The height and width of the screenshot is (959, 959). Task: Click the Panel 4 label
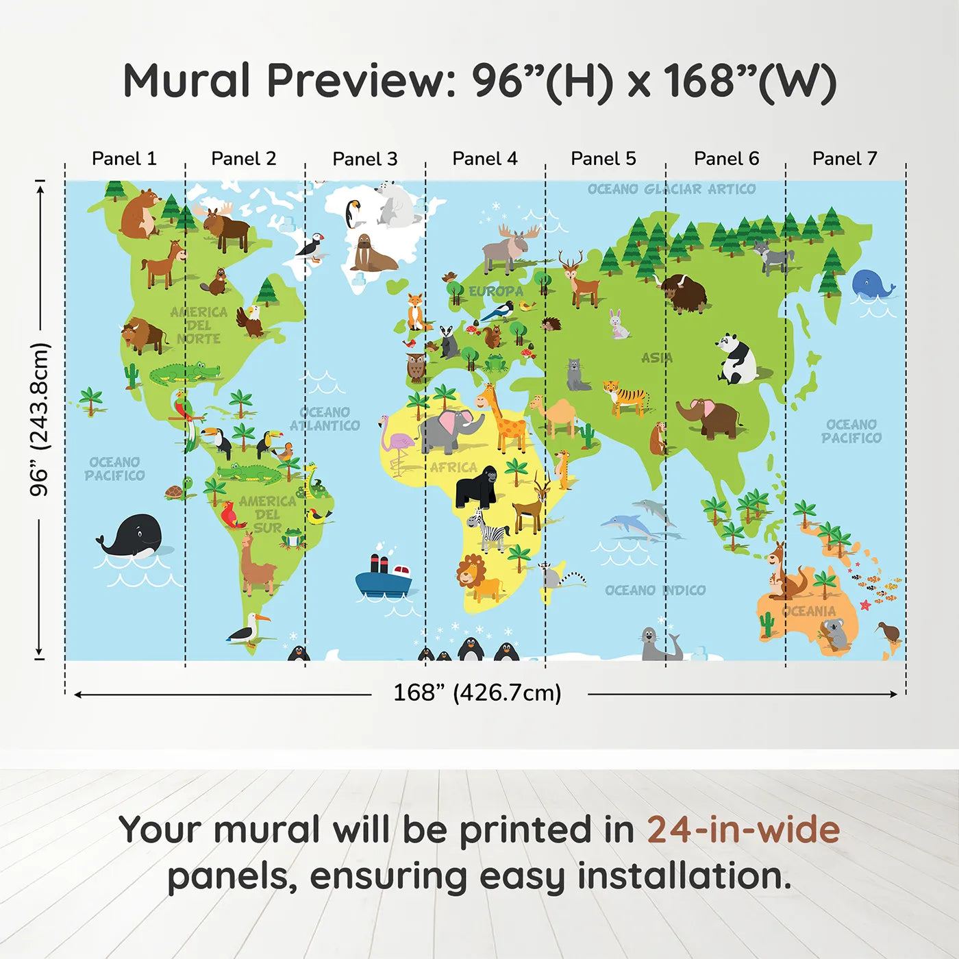point(484,159)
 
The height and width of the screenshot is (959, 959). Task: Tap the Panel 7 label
point(844,159)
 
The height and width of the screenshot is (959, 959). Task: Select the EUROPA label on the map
point(495,291)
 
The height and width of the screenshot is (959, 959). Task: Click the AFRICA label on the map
point(453,467)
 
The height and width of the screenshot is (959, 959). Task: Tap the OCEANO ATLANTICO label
point(325,419)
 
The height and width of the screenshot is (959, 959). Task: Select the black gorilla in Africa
point(477,486)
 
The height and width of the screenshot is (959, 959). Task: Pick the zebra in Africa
point(491,530)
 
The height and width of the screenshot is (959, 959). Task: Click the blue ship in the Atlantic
point(383,577)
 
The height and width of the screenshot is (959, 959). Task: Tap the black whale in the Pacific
point(133,536)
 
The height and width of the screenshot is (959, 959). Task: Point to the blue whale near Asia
point(871,284)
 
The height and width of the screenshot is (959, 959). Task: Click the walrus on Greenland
point(371,254)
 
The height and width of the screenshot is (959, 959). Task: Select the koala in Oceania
point(835,633)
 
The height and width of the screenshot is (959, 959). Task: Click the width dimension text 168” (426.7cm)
point(477,693)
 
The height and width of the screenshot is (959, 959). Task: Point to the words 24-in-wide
point(743,830)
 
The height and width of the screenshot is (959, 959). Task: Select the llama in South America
point(256,564)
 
